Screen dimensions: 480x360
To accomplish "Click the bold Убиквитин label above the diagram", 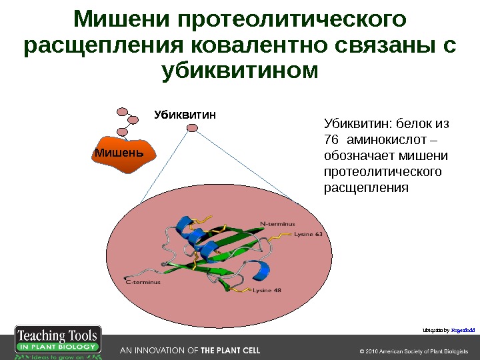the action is click(x=185, y=115).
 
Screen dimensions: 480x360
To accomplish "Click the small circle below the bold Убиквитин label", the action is click(x=192, y=129).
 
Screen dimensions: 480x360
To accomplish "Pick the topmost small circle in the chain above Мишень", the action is click(x=123, y=112).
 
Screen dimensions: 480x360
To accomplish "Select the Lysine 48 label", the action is click(x=266, y=290).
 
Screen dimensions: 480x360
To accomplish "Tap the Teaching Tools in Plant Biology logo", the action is click(x=58, y=343).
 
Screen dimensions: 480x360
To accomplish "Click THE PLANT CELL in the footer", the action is click(x=230, y=351).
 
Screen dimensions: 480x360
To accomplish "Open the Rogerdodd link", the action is click(x=462, y=329).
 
